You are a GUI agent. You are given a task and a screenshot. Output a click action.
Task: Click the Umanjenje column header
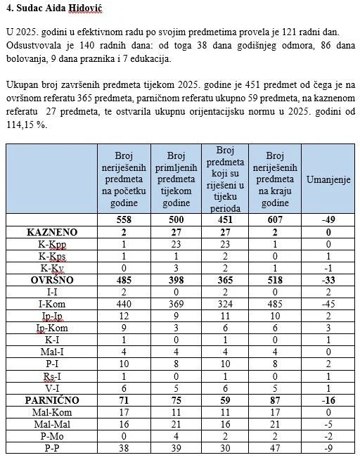tap(327, 180)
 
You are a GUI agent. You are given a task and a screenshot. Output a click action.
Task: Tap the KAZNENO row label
tap(52, 231)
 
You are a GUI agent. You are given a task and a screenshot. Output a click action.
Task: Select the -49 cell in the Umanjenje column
tap(327, 220)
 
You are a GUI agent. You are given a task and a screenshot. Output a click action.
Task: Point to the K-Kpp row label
tap(52, 243)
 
